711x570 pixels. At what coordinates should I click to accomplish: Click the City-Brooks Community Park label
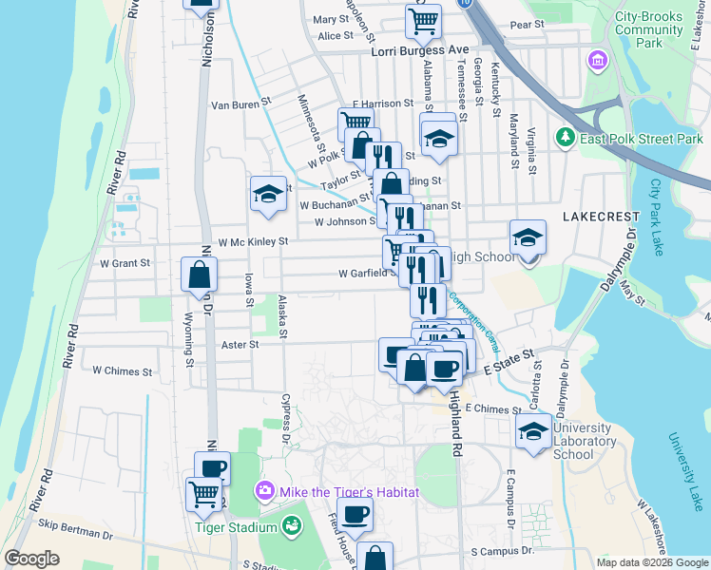(x=649, y=29)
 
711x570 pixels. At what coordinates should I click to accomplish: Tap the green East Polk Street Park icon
(x=566, y=138)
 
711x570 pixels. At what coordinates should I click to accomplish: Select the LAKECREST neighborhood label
(x=596, y=217)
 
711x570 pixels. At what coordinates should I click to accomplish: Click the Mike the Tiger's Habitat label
(x=339, y=491)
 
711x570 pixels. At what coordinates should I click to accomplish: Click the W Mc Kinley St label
(x=253, y=242)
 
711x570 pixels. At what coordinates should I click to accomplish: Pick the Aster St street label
(x=240, y=345)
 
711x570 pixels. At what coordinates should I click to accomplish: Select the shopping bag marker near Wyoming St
(x=200, y=275)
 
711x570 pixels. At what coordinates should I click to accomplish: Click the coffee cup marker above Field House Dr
(x=355, y=514)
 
